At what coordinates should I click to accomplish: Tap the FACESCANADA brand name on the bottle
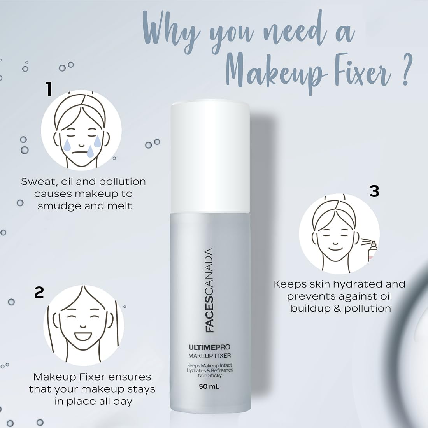pyautogui.click(x=209, y=290)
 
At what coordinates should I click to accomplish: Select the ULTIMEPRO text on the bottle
pyautogui.click(x=209, y=347)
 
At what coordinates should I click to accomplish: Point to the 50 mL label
pyautogui.click(x=209, y=386)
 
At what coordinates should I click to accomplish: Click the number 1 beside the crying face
pyautogui.click(x=49, y=89)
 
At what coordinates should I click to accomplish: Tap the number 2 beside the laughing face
pyautogui.click(x=39, y=293)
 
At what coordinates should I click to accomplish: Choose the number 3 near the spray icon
pyautogui.click(x=374, y=191)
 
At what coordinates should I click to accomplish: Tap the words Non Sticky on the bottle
pyautogui.click(x=210, y=376)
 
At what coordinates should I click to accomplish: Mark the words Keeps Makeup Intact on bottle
pyautogui.click(x=210, y=365)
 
